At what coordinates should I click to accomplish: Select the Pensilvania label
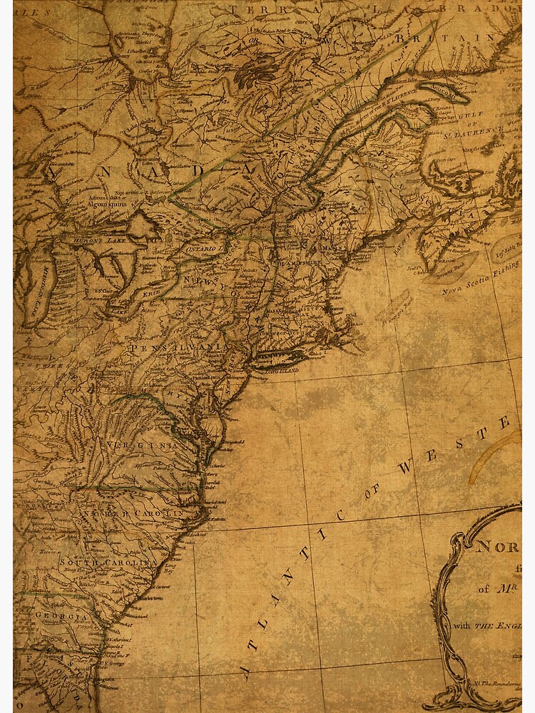178,347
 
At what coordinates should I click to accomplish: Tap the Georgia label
63,617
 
